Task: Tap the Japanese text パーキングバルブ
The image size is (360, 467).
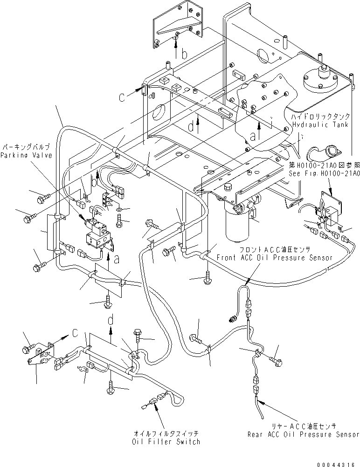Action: click(x=25, y=146)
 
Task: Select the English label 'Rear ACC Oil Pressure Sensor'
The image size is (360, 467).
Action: click(x=304, y=434)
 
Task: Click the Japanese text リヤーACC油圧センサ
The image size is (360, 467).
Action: click(x=304, y=426)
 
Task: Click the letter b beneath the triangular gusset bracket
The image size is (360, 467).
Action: click(x=185, y=55)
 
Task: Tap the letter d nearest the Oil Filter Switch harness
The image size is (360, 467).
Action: click(x=111, y=320)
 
